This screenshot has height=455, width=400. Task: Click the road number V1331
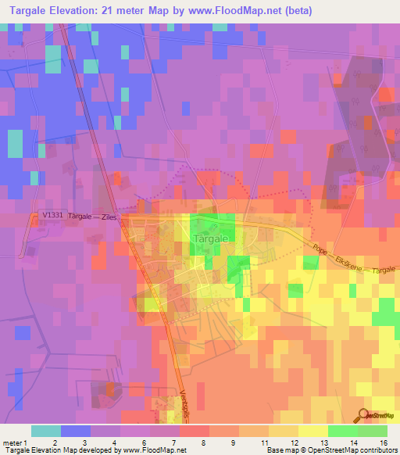coord(52,217)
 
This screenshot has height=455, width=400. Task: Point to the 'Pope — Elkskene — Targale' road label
coord(341,259)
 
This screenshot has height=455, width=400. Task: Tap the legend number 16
coord(383,442)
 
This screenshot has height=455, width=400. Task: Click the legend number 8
coord(204,442)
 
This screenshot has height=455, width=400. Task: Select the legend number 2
coord(55,442)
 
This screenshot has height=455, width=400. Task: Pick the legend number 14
coord(353,442)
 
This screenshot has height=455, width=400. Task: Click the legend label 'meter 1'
coord(15,442)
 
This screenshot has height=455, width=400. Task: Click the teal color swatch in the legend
coord(45,431)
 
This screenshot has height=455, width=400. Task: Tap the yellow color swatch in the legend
coord(312,431)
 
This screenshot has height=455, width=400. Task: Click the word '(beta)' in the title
coord(330,11)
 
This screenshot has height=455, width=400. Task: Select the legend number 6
coord(145,442)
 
